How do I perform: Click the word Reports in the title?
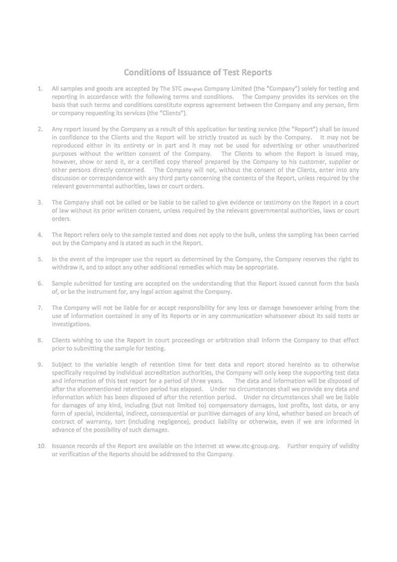(254, 73)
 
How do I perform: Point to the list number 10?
(41, 446)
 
